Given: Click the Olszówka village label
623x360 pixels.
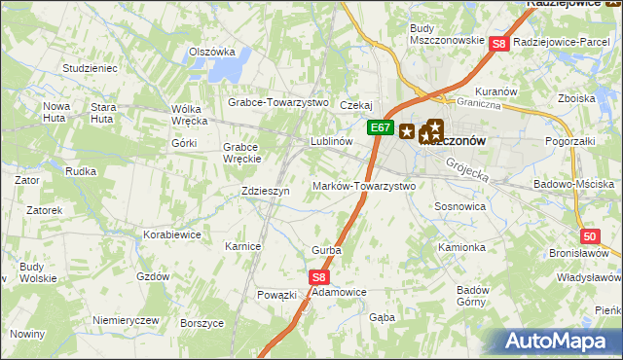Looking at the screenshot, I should pos(213,53).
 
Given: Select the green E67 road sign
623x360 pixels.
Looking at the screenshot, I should pos(380,127).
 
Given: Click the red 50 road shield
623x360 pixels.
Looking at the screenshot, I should pos(590,235).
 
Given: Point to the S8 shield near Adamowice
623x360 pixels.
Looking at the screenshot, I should pos(321,277).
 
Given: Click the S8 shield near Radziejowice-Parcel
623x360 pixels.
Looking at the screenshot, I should pos(498,43).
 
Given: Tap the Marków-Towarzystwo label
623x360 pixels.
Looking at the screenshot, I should pos(364,186).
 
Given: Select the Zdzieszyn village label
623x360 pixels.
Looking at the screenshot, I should pos(265,192).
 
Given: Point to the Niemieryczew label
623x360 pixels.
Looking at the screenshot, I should pos(126,320).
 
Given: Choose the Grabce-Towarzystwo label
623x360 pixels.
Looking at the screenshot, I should pos(279,102).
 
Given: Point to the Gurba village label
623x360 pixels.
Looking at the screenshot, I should pos(326,250).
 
